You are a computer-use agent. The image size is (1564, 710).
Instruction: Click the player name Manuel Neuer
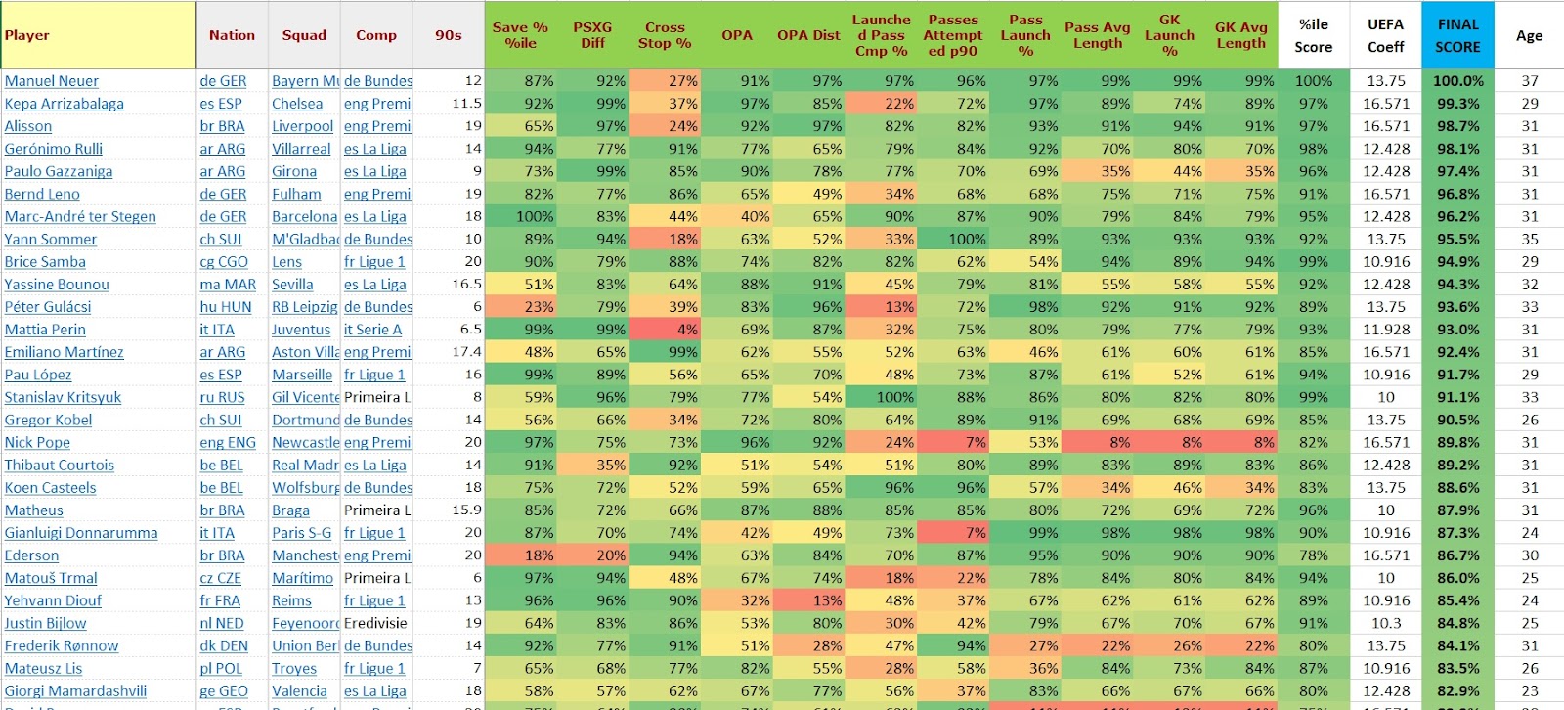pyautogui.click(x=52, y=81)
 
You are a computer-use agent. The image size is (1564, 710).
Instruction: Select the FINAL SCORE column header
pyautogui.click(x=1457, y=35)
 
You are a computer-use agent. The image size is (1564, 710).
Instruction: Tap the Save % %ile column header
pyautogui.click(x=520, y=35)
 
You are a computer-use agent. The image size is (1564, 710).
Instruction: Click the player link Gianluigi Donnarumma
pyautogui.click(x=81, y=533)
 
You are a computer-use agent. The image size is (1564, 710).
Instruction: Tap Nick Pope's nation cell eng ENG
pyautogui.click(x=228, y=442)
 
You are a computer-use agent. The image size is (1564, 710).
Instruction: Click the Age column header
pyautogui.click(x=1529, y=35)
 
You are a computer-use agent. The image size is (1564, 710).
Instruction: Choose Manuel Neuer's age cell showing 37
pyautogui.click(x=1529, y=81)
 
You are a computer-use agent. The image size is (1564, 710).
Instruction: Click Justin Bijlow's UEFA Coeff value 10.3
pyautogui.click(x=1386, y=623)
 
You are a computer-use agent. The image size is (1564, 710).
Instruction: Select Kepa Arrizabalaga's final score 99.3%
pyautogui.click(x=1457, y=104)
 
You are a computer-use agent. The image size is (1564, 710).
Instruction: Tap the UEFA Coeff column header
pyautogui.click(x=1385, y=35)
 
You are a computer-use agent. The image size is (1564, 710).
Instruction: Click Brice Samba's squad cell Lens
pyautogui.click(x=287, y=262)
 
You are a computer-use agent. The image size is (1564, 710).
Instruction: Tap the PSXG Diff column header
pyautogui.click(x=592, y=35)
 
